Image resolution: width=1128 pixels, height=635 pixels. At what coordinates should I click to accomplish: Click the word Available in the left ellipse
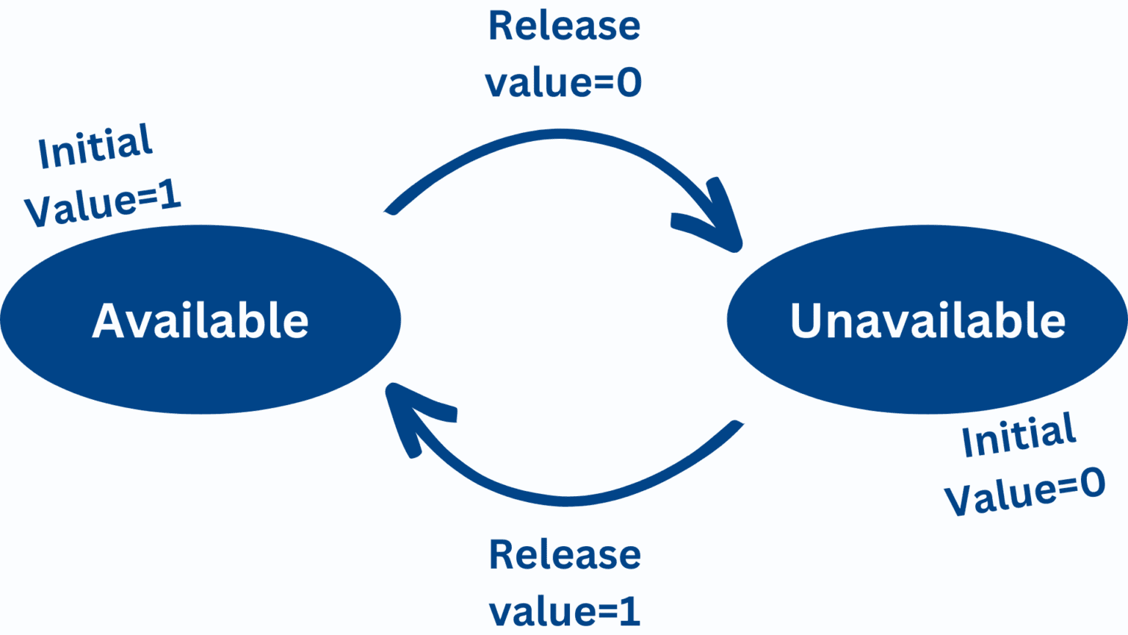point(200,320)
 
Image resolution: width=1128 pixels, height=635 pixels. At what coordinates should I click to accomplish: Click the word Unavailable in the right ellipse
point(928,320)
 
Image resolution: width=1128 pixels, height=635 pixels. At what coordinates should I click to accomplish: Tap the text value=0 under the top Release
point(563,82)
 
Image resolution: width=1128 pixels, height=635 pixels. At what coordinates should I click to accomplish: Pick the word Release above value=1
point(565,554)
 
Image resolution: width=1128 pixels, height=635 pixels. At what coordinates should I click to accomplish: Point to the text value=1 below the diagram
point(565,611)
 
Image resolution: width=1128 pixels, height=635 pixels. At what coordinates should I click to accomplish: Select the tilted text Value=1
point(102,203)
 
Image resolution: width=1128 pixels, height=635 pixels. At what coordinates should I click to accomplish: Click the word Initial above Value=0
point(1019,434)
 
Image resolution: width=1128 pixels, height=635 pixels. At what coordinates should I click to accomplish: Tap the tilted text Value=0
point(1024,492)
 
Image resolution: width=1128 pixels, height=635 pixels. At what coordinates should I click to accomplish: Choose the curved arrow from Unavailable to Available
point(566,501)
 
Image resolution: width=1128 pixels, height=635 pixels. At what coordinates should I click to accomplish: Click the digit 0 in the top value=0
point(629,83)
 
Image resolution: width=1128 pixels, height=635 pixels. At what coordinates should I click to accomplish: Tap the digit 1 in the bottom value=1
point(631,611)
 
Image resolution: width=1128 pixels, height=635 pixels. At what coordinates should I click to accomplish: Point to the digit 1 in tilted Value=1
point(170,195)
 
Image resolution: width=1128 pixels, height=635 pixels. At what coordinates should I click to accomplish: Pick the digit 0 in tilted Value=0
point(1092,482)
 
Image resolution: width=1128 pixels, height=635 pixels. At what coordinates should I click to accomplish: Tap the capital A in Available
point(111,320)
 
